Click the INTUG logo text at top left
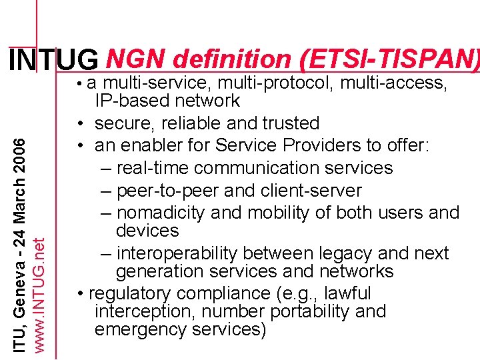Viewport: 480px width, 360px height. (x=54, y=61)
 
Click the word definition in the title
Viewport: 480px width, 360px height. (x=231, y=60)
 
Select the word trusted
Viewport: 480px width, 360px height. (x=286, y=123)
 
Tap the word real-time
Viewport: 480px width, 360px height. (x=156, y=168)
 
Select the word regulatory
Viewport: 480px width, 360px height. (x=130, y=293)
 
